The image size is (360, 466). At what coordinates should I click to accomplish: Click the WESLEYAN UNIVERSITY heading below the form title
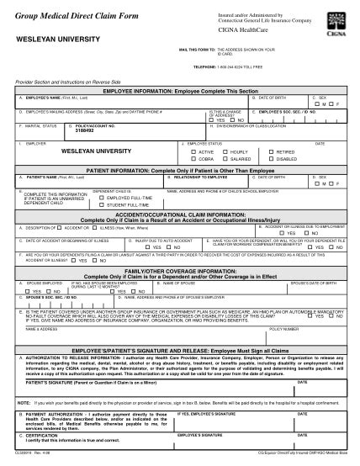(x=53, y=39)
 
